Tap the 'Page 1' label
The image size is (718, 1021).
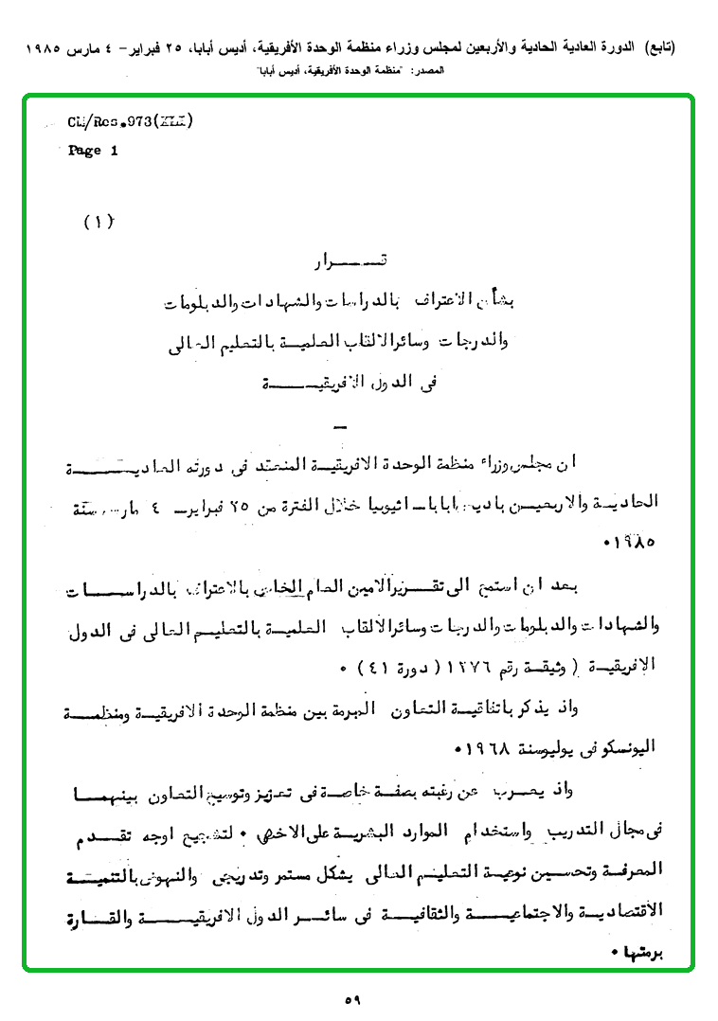[93, 151]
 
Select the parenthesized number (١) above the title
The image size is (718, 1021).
[99, 223]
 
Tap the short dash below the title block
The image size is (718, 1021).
[342, 425]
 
